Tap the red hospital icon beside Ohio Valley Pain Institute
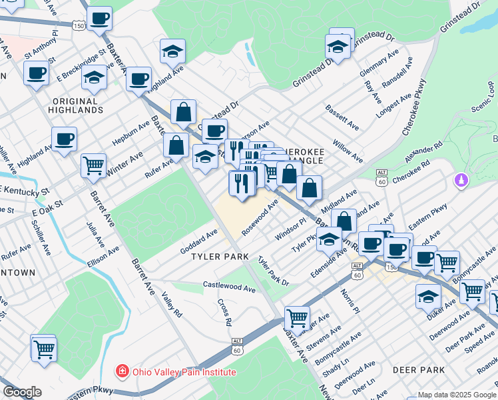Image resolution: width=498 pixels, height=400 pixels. [122, 371]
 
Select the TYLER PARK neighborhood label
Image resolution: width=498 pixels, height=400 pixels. [220, 257]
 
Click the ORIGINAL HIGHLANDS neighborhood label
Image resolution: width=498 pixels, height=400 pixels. [78, 105]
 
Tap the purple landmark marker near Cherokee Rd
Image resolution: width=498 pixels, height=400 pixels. [459, 180]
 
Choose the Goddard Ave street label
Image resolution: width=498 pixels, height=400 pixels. [199, 241]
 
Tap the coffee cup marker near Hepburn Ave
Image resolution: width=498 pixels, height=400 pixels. [65, 139]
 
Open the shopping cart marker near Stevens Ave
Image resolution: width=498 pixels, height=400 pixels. [296, 317]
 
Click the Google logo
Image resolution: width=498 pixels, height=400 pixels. [21, 392]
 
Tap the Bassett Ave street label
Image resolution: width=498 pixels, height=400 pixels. [342, 117]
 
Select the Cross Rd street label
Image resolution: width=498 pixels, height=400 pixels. [224, 311]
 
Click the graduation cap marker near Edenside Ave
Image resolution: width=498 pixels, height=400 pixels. [329, 238]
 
